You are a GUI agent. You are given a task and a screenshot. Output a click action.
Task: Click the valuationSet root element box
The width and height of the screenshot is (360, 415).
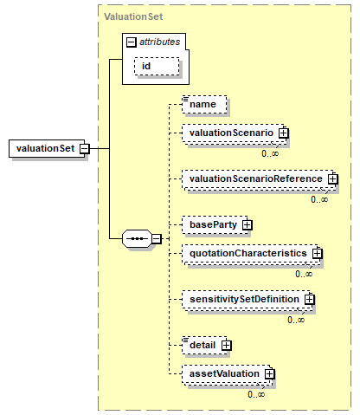point(47,148)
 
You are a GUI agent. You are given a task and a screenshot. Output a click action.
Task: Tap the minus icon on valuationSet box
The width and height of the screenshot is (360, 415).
point(85,149)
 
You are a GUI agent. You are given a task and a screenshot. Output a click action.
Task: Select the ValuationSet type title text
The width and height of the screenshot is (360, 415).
point(133,16)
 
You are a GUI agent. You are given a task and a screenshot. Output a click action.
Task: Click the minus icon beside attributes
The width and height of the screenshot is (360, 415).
point(132,42)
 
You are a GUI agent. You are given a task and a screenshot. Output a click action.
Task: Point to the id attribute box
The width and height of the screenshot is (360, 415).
point(157,66)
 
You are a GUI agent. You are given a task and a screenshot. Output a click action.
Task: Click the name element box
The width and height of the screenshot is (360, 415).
point(204,104)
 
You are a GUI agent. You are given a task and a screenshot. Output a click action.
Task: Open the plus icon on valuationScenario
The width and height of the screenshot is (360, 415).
point(284,133)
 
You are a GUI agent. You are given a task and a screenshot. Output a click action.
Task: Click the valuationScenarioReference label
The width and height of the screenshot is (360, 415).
point(256,178)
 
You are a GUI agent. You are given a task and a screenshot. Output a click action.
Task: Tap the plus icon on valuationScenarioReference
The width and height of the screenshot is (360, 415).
point(332,179)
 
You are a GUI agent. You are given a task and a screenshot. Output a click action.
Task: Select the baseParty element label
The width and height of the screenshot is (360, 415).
point(213,224)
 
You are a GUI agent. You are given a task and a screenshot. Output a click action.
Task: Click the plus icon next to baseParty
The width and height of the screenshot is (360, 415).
point(247,224)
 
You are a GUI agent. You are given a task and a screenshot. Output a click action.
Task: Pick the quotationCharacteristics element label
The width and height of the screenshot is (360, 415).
point(248,253)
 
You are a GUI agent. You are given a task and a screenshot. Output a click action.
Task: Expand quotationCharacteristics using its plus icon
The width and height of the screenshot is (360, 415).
point(317,253)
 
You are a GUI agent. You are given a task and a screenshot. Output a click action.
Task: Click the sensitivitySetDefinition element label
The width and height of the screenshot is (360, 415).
point(244,299)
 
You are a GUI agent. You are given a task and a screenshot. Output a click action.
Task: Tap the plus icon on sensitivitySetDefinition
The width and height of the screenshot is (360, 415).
point(309,299)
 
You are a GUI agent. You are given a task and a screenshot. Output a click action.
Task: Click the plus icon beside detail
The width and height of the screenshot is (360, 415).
point(227,345)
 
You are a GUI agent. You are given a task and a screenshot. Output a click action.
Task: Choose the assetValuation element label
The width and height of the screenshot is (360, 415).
point(224,373)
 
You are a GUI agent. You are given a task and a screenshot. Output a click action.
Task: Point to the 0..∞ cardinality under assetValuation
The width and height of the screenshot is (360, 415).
point(256,394)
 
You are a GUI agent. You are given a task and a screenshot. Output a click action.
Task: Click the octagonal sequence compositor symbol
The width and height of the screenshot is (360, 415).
point(137,239)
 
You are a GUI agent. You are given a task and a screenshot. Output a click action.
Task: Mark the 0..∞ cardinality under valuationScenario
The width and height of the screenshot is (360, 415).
point(270,153)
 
